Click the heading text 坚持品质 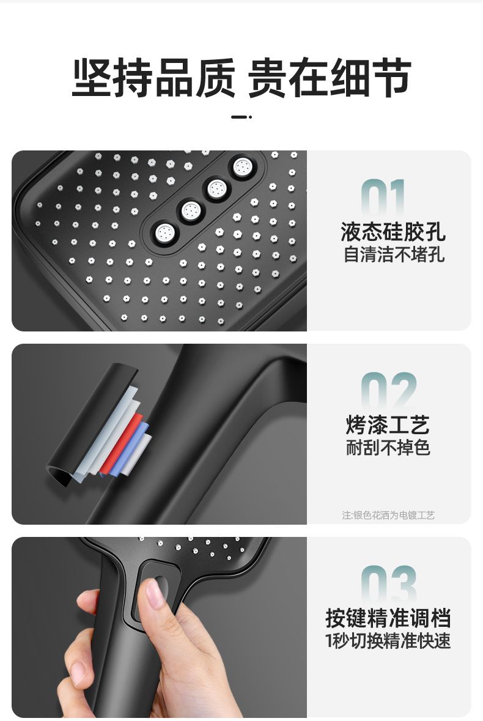point(153,77)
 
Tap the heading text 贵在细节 point(330,77)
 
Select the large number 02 point(389,391)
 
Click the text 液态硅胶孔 point(393,232)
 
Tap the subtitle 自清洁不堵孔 point(394,255)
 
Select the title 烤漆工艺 point(388,425)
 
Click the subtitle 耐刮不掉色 point(388,448)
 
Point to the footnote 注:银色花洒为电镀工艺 point(388,515)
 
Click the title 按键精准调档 point(388,618)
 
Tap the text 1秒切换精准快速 point(388,640)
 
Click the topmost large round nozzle point(242,167)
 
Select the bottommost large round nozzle point(164,233)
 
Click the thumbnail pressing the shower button point(155,594)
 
